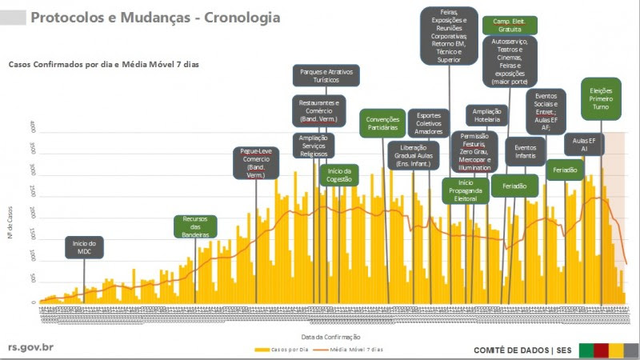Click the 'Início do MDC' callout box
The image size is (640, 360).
(84, 247)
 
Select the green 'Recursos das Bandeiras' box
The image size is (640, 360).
(195, 226)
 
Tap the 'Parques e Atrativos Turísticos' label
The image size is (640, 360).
(326, 76)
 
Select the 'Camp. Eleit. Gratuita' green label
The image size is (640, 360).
(510, 25)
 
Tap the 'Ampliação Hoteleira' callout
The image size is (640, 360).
(487, 115)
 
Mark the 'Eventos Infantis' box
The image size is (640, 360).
(525, 152)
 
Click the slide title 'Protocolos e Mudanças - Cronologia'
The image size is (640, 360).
(155, 17)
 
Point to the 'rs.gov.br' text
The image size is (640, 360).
(31, 348)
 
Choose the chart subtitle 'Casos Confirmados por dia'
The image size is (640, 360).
(102, 64)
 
